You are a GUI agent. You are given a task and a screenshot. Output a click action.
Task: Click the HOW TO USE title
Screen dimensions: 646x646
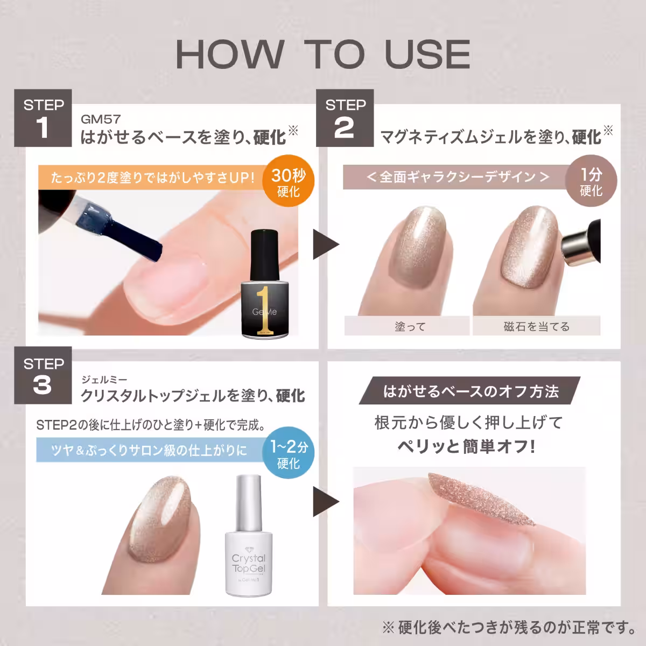click(x=323, y=54)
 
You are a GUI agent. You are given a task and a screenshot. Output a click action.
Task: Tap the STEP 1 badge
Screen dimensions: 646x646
click(x=44, y=118)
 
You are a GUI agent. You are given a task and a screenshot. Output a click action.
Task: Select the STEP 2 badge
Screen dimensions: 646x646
click(x=345, y=118)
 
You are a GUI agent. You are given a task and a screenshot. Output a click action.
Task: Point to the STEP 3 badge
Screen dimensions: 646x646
click(x=44, y=376)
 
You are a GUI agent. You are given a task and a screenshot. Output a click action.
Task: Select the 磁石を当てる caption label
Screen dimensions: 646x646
click(x=536, y=326)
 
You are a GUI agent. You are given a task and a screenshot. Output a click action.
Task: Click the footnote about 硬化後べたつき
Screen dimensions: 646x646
click(x=506, y=627)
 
